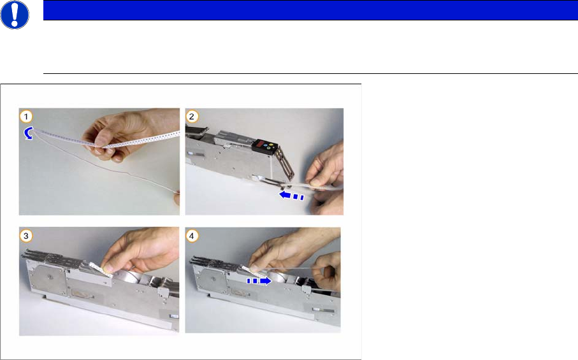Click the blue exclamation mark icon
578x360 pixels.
pos(15,15)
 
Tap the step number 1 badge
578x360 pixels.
pos(25,117)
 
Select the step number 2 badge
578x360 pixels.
pos(192,117)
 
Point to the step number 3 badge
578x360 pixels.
pos(25,236)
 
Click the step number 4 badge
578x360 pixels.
pos(192,236)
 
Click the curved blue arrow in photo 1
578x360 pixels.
pos(27,134)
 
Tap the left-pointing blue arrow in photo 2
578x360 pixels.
pos(291,195)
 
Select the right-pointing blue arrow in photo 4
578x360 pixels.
pos(259,281)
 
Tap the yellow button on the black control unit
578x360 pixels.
pos(272,145)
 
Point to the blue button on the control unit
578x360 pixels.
pos(266,147)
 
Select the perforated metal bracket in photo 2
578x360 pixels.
pos(286,162)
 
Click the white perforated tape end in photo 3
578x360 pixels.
pos(101,269)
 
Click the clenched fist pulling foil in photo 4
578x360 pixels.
pos(328,271)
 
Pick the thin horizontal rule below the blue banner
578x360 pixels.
pos(310,74)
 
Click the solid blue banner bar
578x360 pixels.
pos(310,10)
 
